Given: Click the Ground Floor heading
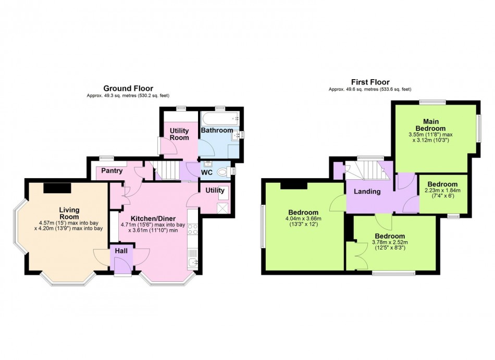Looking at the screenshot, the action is (x=128, y=89).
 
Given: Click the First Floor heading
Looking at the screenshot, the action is (x=370, y=82).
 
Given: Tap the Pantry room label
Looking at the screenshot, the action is (x=112, y=171).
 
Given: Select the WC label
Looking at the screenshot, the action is (x=207, y=172).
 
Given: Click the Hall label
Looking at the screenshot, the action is (x=121, y=251).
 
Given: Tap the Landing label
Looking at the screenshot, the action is (x=367, y=192).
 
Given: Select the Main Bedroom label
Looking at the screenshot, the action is (x=430, y=125).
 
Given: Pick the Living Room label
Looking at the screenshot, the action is (x=69, y=213).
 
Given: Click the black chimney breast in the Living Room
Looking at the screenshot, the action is (x=57, y=188).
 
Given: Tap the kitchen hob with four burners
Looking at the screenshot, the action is (x=193, y=229).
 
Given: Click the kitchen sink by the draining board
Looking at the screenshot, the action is (x=193, y=263).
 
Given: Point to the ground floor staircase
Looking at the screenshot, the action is (x=164, y=170).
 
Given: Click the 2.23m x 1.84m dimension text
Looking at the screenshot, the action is (x=443, y=190).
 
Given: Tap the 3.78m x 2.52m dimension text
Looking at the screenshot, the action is (x=390, y=242).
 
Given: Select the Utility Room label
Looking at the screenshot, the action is (x=179, y=134).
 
